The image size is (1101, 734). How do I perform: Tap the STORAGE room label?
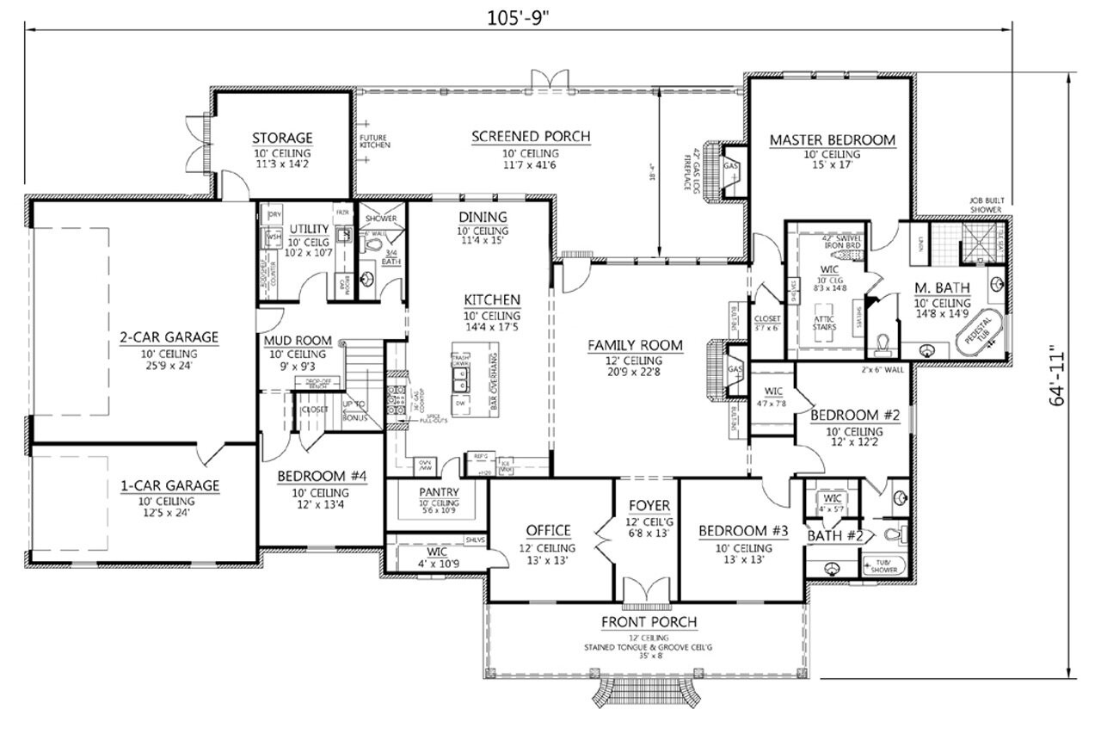pos(281,138)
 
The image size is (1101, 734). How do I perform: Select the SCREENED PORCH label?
pos(531,136)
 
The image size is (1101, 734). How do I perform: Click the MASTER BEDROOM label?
pos(832,139)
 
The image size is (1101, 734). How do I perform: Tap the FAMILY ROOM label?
pos(635,345)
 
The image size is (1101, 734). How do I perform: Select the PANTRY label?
pos(440,492)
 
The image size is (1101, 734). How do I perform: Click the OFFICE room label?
pos(548,531)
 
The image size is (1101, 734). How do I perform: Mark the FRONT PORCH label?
pos(649,622)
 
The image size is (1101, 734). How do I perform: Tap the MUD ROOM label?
pos(298,341)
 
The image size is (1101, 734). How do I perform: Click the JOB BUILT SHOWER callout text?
pos(986,204)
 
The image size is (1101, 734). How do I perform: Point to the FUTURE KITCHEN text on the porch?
pos(374,141)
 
